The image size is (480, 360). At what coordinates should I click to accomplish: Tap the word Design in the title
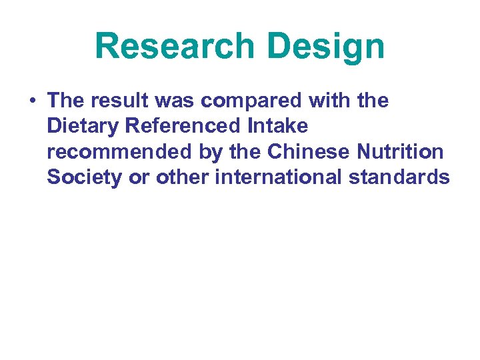pos(326,47)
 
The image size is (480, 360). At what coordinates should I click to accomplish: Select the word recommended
pos(119,152)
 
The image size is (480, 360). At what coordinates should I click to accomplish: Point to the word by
pos(211,152)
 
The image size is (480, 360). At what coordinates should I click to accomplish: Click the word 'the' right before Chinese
pos(246,152)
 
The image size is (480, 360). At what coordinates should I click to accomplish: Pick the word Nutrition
pos(400,152)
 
